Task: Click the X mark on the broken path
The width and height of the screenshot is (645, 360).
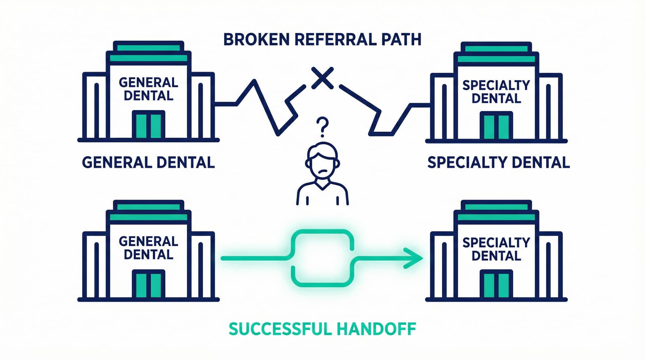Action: (x=322, y=78)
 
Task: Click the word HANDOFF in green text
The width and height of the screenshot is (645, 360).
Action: (x=376, y=329)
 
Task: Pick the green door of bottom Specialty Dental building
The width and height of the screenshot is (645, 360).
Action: (x=496, y=285)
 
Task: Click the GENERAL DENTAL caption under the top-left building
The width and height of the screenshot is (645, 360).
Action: (x=148, y=163)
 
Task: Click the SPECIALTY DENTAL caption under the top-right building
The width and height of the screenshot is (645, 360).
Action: (x=498, y=163)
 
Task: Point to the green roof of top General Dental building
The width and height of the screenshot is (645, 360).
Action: (x=148, y=57)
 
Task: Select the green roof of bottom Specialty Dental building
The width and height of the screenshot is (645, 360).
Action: (x=496, y=217)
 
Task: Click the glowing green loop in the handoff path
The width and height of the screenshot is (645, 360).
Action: (x=322, y=258)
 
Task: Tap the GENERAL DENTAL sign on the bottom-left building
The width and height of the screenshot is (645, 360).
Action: (x=148, y=248)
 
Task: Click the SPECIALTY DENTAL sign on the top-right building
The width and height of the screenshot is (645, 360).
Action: (x=496, y=92)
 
